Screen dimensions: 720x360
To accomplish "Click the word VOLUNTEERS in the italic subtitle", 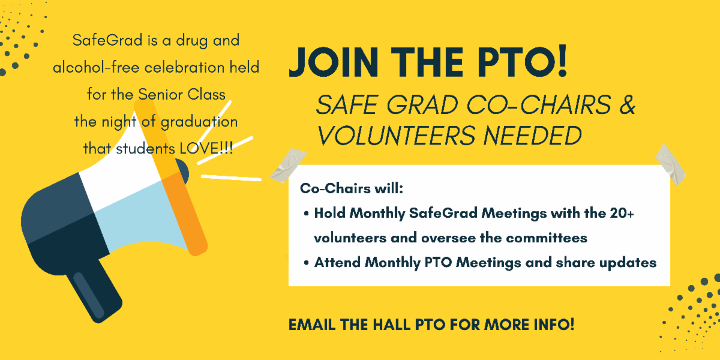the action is click(x=397, y=136).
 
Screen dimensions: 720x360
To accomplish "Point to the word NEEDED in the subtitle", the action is click(x=533, y=136).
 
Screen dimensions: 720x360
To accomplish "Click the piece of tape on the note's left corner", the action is click(x=289, y=165).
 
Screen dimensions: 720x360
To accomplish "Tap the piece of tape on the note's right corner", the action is click(x=671, y=164).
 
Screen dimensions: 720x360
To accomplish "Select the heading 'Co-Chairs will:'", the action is click(x=352, y=188).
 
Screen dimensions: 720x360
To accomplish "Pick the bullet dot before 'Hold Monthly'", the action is click(x=307, y=214).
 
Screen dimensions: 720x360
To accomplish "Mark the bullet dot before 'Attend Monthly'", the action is click(x=307, y=263).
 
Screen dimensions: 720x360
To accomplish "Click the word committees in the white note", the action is click(x=547, y=238).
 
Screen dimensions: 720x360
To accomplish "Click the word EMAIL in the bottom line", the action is click(x=312, y=325).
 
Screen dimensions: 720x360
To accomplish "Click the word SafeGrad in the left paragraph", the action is click(x=107, y=40).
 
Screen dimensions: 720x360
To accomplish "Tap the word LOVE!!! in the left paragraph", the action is click(x=206, y=149).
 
